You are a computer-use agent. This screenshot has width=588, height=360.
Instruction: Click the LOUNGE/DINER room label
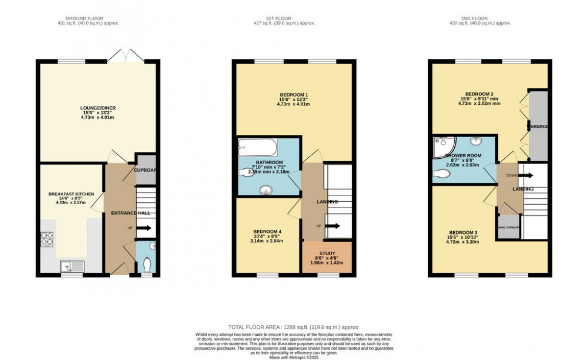click(98, 108)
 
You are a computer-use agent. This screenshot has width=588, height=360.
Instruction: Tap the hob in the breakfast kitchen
click(47, 238)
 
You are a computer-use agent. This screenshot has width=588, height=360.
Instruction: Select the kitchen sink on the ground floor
click(73, 266)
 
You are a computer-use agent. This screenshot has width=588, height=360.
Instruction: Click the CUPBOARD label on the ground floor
click(145, 170)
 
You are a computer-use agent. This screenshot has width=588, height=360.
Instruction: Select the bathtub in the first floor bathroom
click(258, 146)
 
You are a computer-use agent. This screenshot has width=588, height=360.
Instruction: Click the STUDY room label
click(327, 254)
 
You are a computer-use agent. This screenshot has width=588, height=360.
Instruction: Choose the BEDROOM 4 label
click(267, 232)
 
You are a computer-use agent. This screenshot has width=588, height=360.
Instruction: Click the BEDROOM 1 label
click(294, 95)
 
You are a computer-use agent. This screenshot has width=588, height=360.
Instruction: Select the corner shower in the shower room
click(443, 146)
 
